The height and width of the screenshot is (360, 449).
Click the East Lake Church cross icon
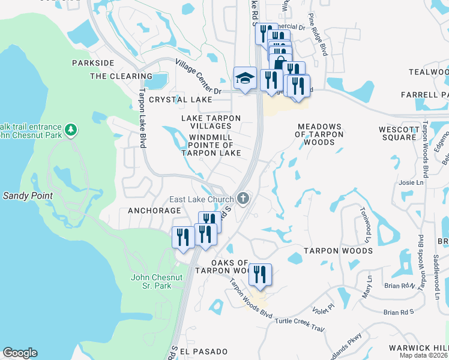243,198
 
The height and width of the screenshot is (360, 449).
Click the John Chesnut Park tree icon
71,129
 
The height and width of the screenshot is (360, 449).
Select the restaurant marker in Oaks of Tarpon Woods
260,275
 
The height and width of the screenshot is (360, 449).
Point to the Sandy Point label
28,196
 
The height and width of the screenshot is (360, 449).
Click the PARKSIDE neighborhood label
93,62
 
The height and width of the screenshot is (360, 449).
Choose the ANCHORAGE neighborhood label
154,211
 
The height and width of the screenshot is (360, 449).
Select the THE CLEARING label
121,76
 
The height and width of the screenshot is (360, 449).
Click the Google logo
20,353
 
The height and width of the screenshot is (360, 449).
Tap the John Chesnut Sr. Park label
151,281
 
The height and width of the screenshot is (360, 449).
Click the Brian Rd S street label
399,312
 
